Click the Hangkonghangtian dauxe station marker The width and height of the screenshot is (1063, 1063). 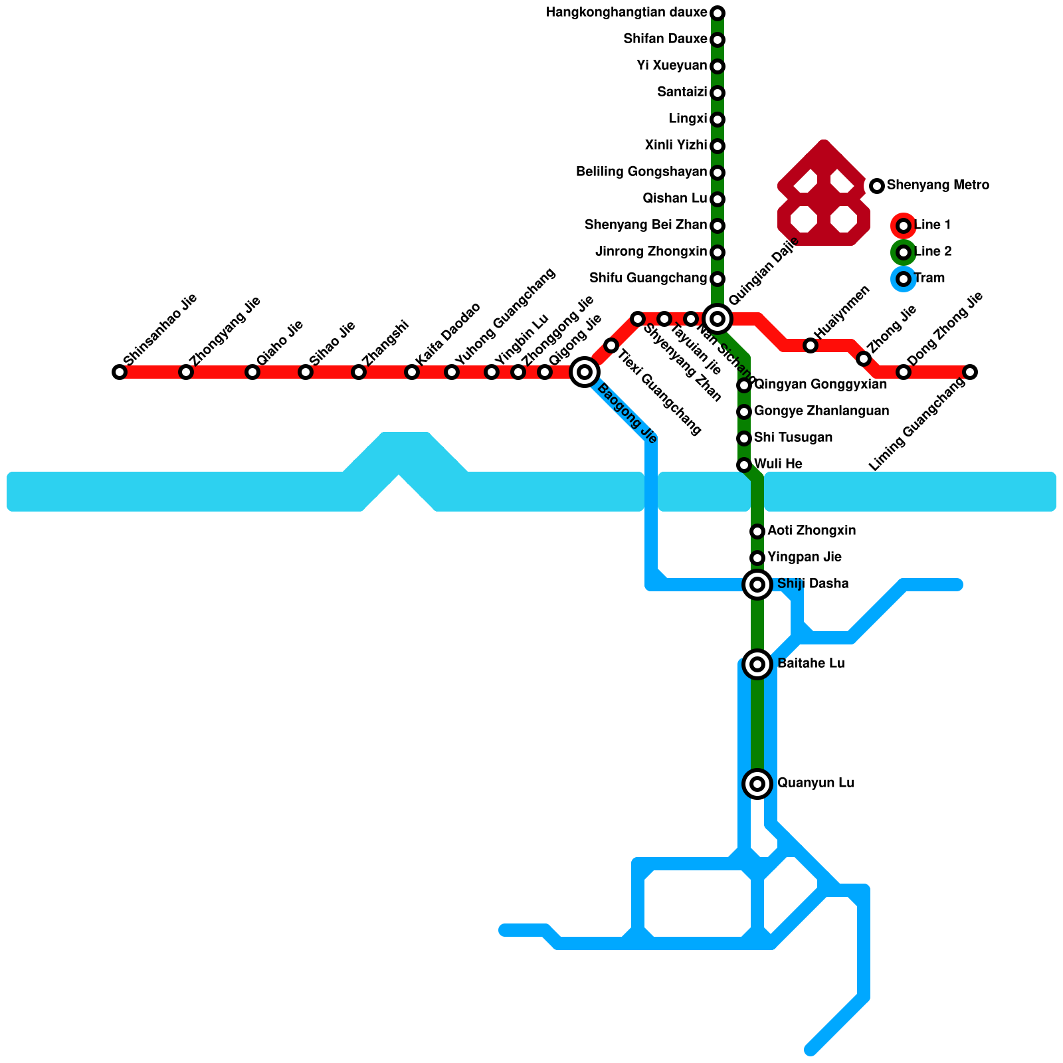pos(718,13)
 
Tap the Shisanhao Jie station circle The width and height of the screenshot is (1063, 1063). pos(120,372)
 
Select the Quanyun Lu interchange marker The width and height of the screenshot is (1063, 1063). pos(757,784)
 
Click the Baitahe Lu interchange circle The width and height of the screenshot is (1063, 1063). pos(757,664)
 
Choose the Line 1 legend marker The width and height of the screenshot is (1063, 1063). pos(904,226)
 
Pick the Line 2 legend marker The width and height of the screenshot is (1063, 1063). pos(904,252)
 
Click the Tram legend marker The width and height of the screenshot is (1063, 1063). pos(904,279)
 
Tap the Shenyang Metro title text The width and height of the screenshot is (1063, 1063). pos(937,185)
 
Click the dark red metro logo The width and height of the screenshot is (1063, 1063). pos(824,196)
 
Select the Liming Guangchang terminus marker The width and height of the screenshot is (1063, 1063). pos(970,372)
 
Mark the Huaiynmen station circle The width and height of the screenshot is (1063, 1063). pos(811,345)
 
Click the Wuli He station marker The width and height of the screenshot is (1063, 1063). pos(744,465)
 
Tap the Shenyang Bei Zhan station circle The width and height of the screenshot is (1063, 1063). pos(718,226)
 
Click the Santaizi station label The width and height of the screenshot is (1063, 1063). pos(682,92)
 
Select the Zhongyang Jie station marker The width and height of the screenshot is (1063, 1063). pos(186,372)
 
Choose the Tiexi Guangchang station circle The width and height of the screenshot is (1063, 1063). pos(611,345)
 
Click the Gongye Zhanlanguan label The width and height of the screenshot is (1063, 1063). pos(821,411)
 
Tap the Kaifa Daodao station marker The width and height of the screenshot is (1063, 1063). pos(412,372)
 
